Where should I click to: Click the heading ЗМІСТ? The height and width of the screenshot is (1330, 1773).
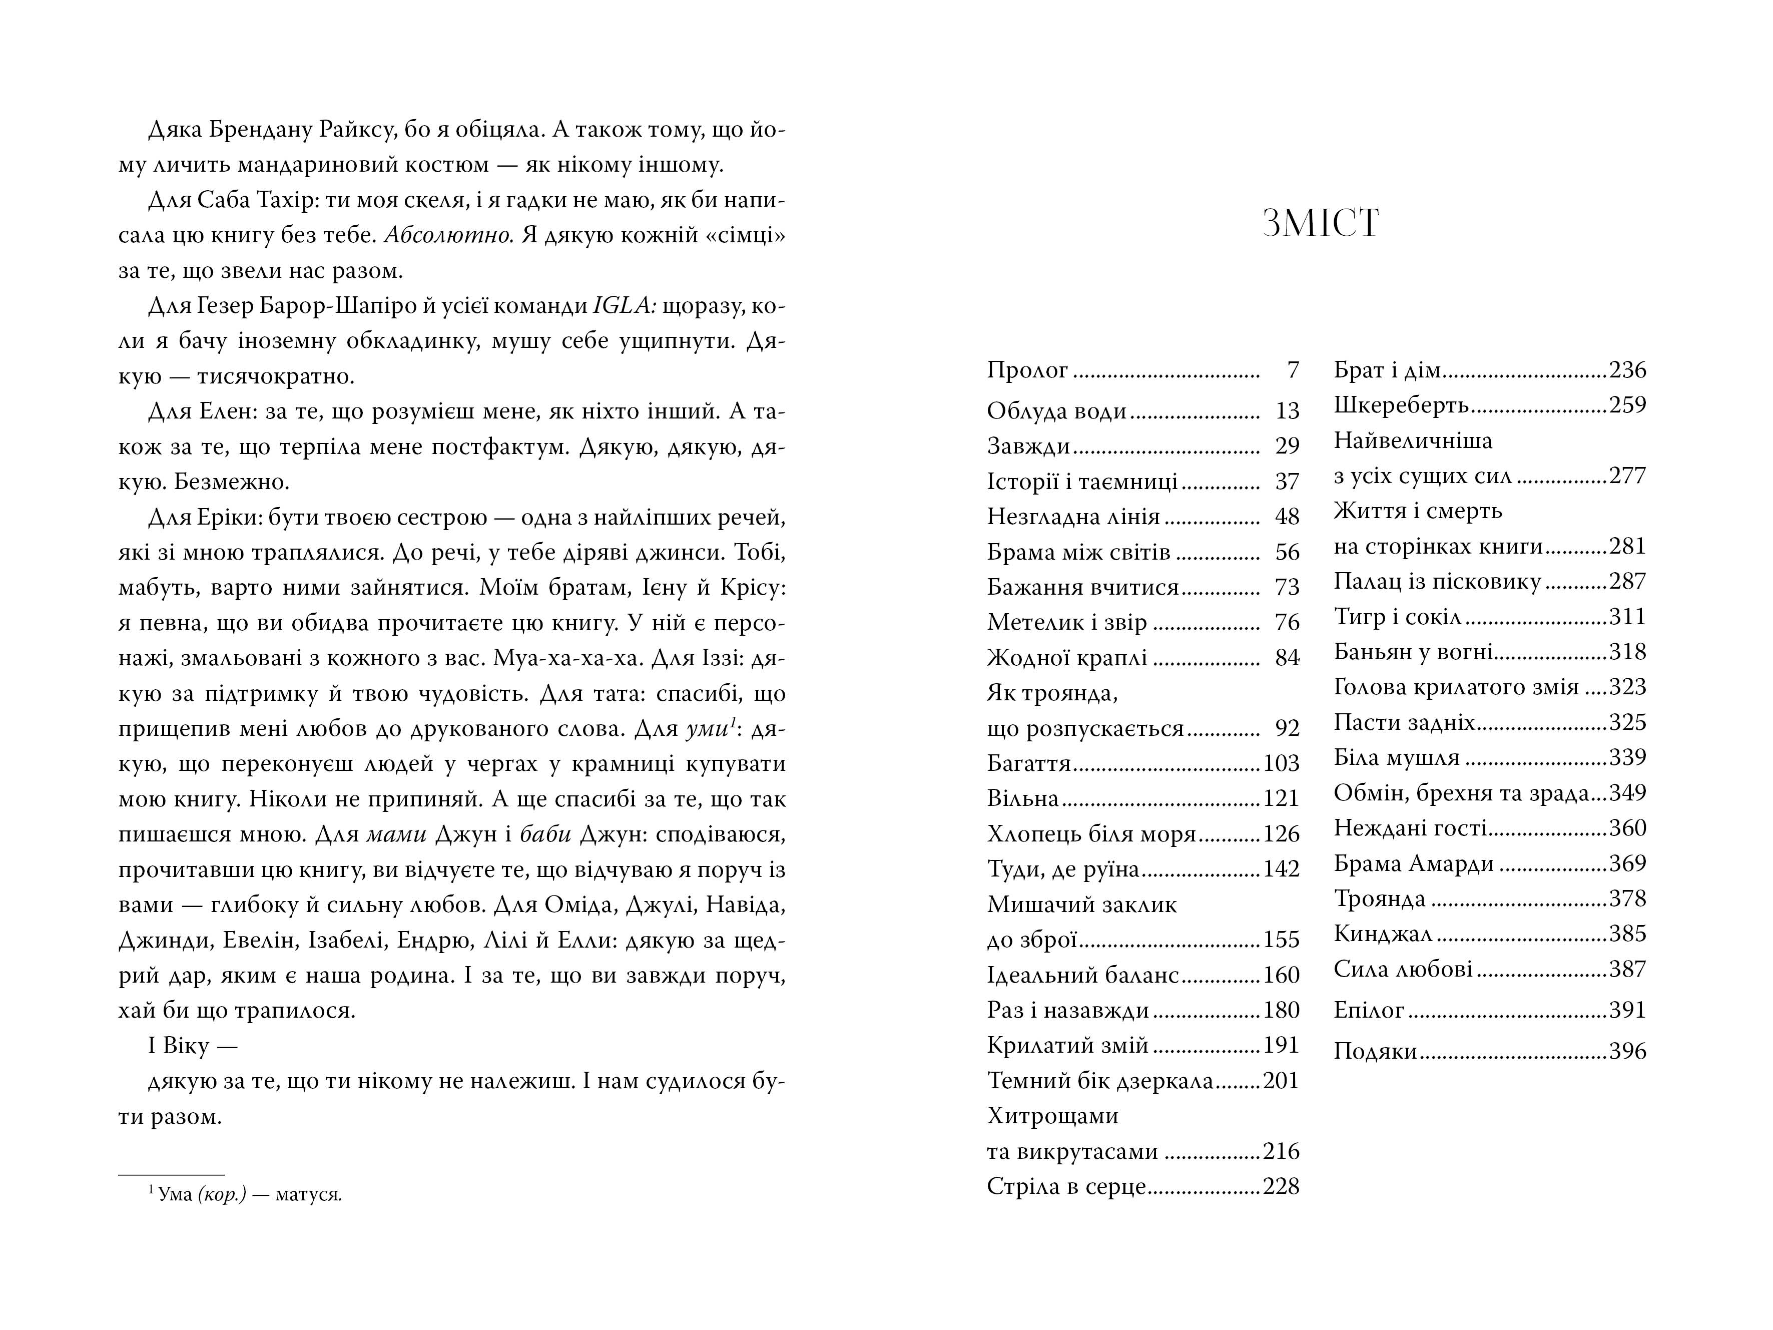coord(1320,224)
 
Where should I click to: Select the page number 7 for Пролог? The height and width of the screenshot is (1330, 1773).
coord(1292,370)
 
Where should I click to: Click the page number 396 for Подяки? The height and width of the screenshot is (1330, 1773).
coord(1627,1051)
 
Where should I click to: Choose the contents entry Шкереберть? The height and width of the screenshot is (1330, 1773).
coord(1400,405)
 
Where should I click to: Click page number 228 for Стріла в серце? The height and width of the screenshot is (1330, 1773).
coord(1280,1186)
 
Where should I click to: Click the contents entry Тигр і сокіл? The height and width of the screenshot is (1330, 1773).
coord(1397,617)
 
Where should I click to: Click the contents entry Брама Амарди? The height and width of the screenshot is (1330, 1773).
coord(1413,863)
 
